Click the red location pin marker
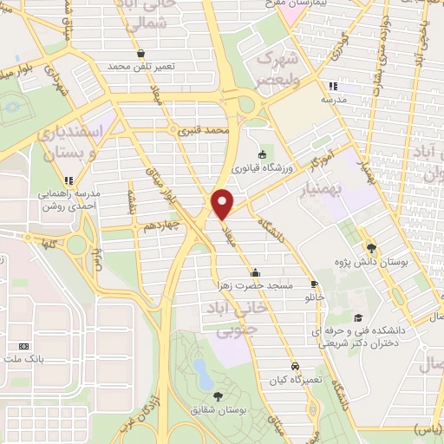[x=223, y=204]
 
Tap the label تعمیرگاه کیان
[x=296, y=379]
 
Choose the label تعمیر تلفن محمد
[x=142, y=66]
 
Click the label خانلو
[x=312, y=296]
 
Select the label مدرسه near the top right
[x=333, y=100]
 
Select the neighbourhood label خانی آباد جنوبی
[x=228, y=318]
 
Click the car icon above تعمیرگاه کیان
[x=296, y=365]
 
